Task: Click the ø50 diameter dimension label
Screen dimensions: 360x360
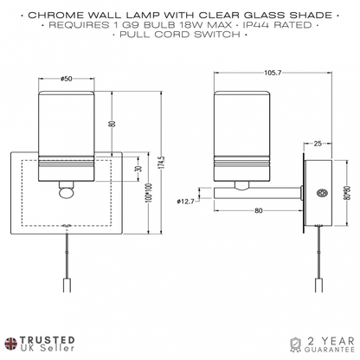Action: coord(67,79)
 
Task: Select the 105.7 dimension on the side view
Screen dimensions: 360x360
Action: coord(273,73)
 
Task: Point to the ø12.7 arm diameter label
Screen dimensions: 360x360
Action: coord(185,201)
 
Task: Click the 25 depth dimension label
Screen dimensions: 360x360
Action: coord(318,144)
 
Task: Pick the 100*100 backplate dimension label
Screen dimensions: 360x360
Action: coord(149,193)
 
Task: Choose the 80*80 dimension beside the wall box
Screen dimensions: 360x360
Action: coord(348,193)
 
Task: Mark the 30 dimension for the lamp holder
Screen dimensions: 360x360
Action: coord(139,169)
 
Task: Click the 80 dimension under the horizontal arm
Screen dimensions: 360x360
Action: coord(259,210)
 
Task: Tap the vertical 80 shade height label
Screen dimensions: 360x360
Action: coord(112,124)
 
